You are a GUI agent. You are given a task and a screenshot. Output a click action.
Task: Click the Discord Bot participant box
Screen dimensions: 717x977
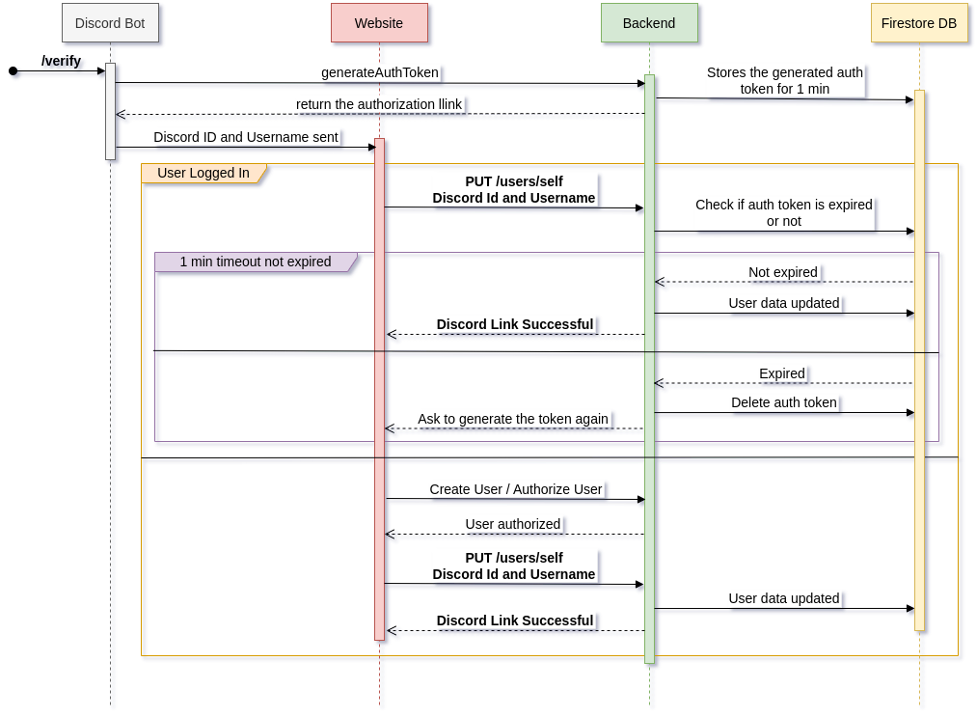[x=110, y=23]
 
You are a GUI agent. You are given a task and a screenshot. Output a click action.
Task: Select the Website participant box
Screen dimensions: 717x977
[x=379, y=23]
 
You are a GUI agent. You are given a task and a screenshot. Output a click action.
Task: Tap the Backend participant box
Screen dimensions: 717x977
[x=649, y=23]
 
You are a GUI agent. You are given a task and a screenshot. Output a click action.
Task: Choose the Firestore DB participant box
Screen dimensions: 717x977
[x=919, y=23]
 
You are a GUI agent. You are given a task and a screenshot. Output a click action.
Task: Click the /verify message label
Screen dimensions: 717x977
[x=61, y=61]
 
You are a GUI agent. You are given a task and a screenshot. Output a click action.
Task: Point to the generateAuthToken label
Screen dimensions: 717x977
[x=380, y=72]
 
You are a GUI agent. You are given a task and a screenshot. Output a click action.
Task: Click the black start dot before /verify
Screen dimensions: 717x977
[x=14, y=70]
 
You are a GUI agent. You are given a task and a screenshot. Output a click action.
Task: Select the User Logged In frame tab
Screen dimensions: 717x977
[x=204, y=174]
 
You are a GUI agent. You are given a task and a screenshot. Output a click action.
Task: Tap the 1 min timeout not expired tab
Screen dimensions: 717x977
[x=256, y=262]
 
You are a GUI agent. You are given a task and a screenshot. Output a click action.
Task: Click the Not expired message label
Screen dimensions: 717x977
[x=783, y=272]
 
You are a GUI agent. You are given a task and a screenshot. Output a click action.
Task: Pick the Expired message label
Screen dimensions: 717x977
[x=782, y=373]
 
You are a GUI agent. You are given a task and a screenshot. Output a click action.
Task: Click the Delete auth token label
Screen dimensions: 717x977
[x=784, y=402]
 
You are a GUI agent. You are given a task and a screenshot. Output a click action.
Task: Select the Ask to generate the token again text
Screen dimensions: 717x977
[x=513, y=419]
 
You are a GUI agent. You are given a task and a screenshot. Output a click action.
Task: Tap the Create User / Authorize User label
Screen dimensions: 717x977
[x=516, y=489]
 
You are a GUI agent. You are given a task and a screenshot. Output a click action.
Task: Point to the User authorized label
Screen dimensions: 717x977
[x=513, y=524]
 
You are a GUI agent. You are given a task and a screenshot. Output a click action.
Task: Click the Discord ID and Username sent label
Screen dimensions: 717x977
[x=246, y=137]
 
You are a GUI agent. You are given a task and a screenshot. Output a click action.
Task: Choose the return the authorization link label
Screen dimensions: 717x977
[x=380, y=104]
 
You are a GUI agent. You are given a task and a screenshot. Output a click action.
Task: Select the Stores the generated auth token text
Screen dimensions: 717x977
[x=784, y=80]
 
